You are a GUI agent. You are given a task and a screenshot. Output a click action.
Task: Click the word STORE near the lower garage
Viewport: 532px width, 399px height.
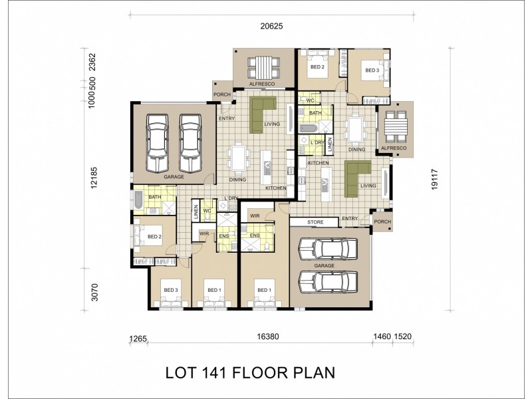(315, 221)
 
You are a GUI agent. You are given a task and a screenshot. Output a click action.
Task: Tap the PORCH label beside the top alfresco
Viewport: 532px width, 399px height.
(221, 94)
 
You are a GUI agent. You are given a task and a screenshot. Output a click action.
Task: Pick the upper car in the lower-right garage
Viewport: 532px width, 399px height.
(325, 249)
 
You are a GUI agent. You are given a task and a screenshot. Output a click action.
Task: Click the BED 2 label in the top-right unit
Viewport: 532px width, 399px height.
(317, 67)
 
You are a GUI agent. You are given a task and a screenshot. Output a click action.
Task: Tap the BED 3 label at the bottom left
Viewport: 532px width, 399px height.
(171, 290)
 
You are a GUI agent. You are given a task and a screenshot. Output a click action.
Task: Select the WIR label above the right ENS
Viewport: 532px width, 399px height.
(254, 216)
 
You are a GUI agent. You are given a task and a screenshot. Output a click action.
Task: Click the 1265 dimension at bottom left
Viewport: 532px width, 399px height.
(138, 338)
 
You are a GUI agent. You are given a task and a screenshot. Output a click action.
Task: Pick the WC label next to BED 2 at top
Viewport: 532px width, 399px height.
(309, 100)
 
